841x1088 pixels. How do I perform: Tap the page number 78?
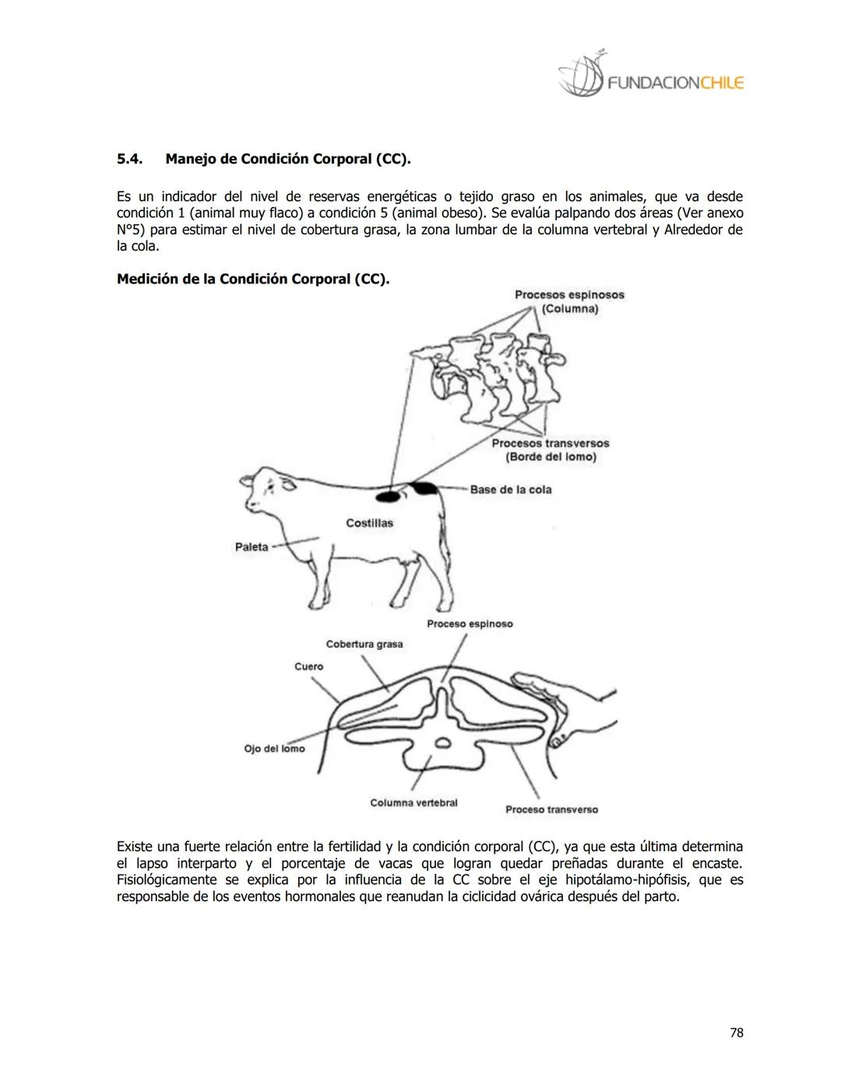coord(736,1033)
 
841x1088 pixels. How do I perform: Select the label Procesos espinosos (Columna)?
coord(569,301)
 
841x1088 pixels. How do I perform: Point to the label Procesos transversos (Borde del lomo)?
coord(551,449)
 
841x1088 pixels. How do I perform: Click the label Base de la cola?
coord(510,489)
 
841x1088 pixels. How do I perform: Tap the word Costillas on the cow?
coord(369,523)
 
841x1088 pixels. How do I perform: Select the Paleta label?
coord(252,547)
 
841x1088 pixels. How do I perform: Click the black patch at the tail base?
coord(425,488)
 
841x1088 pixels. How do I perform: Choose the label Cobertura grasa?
coord(364,644)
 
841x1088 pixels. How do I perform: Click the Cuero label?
coord(308,667)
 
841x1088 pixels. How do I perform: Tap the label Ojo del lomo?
coord(274,748)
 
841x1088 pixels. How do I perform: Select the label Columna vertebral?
coord(413,802)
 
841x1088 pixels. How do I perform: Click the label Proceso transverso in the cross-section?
coord(551,809)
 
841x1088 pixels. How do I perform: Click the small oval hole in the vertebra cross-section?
coord(442,742)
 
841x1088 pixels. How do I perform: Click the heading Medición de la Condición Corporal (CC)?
coord(253,279)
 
